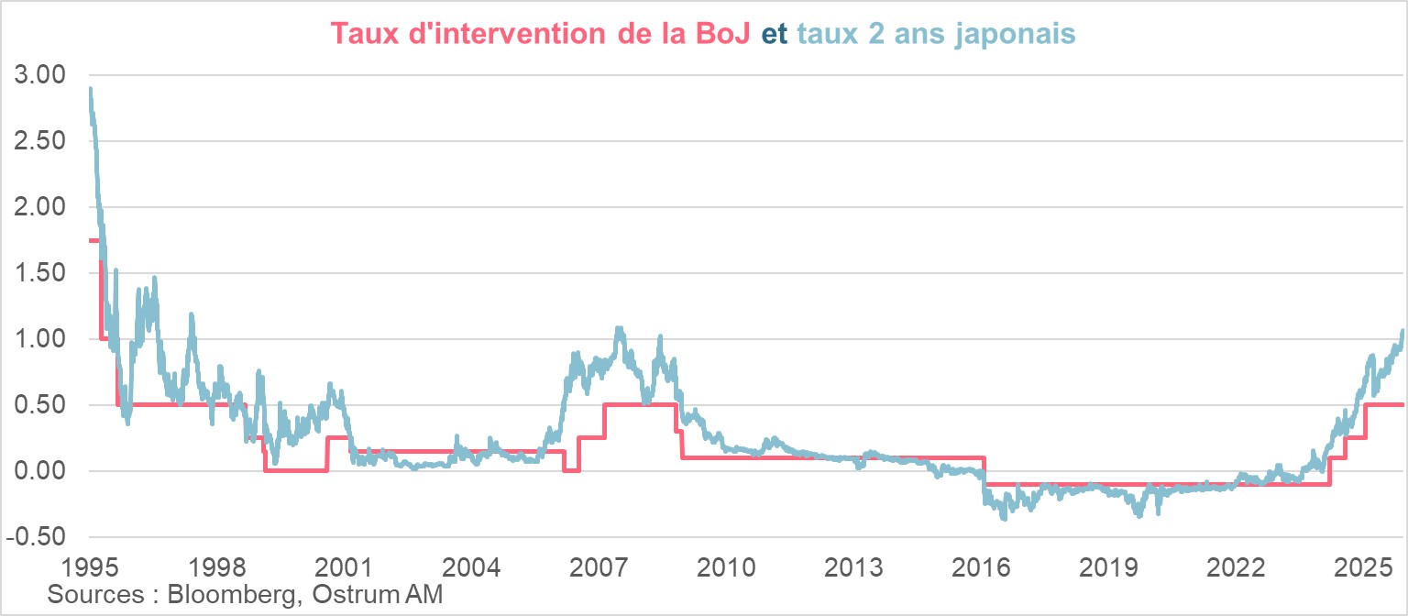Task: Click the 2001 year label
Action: point(346,565)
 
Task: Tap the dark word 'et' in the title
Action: point(775,34)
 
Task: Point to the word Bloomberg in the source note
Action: point(230,594)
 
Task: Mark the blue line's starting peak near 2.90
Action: point(90,90)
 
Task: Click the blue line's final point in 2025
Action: point(1402,331)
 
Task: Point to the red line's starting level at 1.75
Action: point(93,240)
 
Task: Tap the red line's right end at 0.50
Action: point(1403,405)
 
